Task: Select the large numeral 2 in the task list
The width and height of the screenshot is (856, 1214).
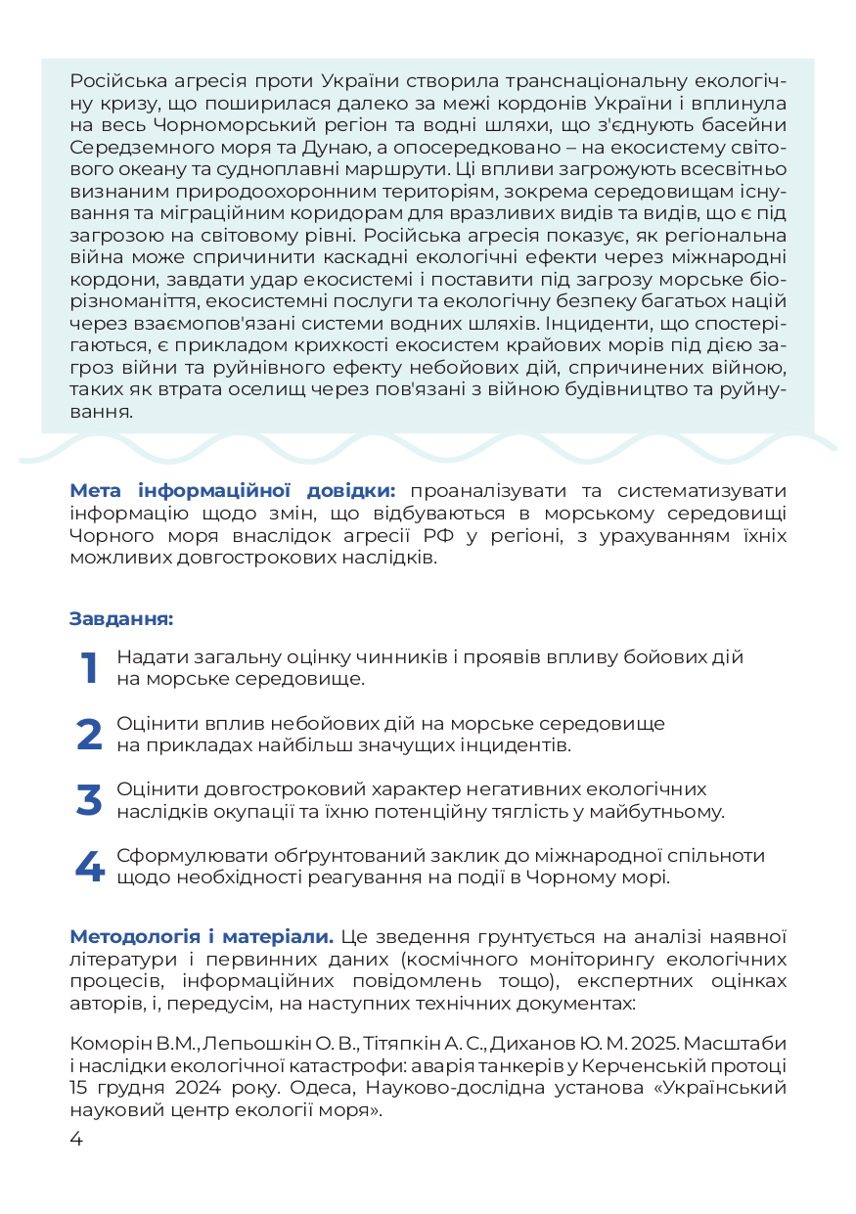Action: point(89,734)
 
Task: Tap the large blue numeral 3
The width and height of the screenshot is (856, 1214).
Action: point(89,800)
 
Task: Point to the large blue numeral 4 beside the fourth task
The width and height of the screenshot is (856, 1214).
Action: point(89,867)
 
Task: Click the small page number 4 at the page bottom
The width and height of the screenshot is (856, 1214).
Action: point(76,1139)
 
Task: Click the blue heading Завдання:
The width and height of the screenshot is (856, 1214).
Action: point(121,618)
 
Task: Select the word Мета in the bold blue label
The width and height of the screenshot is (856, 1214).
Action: point(95,490)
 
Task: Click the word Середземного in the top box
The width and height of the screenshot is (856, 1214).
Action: point(129,148)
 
